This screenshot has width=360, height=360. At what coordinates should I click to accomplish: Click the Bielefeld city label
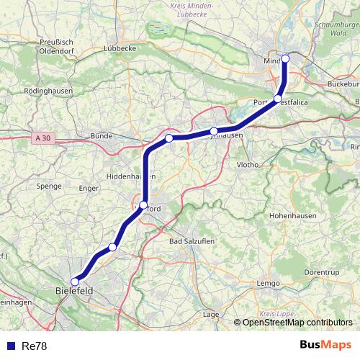[74, 292]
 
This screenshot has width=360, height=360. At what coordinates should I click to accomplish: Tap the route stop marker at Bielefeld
[75, 282]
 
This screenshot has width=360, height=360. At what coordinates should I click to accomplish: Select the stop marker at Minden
[285, 58]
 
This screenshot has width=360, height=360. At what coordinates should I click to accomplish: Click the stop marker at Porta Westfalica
[278, 99]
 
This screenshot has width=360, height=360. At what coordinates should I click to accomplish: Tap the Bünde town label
[98, 135]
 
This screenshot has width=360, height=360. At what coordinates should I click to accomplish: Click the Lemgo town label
[268, 284]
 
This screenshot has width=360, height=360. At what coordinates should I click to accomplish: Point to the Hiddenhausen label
[127, 176]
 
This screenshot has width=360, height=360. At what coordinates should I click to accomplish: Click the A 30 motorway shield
[42, 135]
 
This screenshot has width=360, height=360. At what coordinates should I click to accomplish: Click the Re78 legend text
[35, 345]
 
